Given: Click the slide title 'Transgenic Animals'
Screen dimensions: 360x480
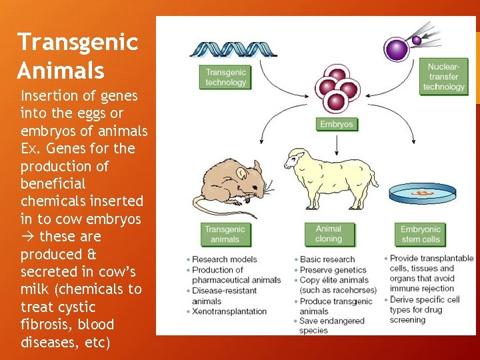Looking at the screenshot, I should click(x=77, y=55).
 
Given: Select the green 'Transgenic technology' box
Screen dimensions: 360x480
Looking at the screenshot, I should click(x=225, y=77).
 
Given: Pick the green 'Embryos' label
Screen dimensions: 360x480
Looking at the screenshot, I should click(x=336, y=124).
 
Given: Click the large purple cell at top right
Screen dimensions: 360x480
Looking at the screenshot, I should click(x=398, y=49).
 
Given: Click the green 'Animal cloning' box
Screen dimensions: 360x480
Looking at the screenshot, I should click(x=328, y=233).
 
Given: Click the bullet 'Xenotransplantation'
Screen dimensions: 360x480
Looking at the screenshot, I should click(x=229, y=311).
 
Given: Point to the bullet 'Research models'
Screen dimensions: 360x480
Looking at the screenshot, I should click(x=224, y=259).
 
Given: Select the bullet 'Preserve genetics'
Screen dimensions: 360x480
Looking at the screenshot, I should click(x=333, y=270).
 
